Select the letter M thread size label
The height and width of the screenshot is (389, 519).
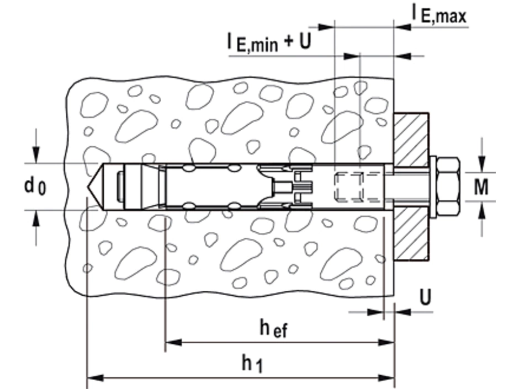point(481,187)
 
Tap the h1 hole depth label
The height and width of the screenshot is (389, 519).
point(252,363)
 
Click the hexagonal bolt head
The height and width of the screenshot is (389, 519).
point(447,186)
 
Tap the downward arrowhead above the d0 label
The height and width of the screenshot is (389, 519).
point(36,156)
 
